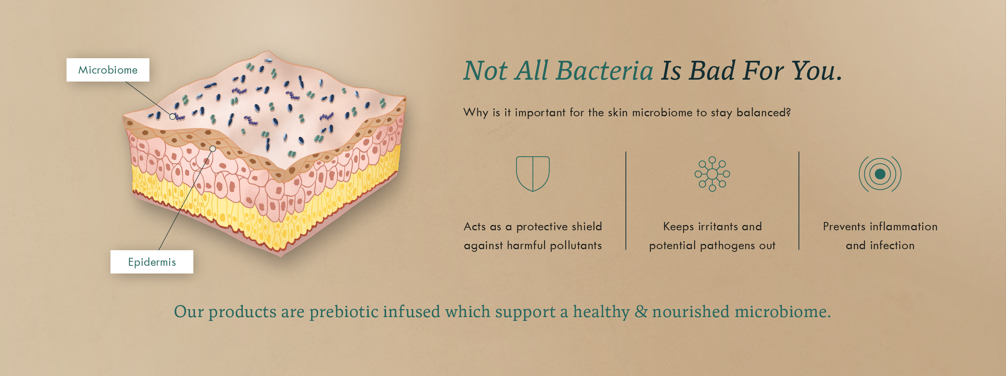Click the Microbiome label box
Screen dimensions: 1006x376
[x=108, y=70]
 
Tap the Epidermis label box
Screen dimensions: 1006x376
[x=152, y=262]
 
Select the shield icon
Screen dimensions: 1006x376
[x=533, y=174]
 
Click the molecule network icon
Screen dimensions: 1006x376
[x=712, y=174]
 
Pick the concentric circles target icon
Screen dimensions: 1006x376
[x=880, y=174]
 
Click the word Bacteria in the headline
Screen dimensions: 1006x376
[x=604, y=71]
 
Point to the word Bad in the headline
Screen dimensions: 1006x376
[x=712, y=71]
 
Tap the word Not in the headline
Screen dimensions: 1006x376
[x=485, y=71]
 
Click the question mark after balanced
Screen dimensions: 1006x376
[x=788, y=112]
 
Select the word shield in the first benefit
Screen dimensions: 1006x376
[x=587, y=226]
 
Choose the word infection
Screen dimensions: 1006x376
[x=892, y=245]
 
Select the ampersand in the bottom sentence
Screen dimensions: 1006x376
[x=641, y=312]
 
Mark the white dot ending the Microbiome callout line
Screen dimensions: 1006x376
[x=172, y=117]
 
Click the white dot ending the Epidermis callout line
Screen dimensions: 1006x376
[x=213, y=149]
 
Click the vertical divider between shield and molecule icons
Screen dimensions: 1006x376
[x=626, y=200]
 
